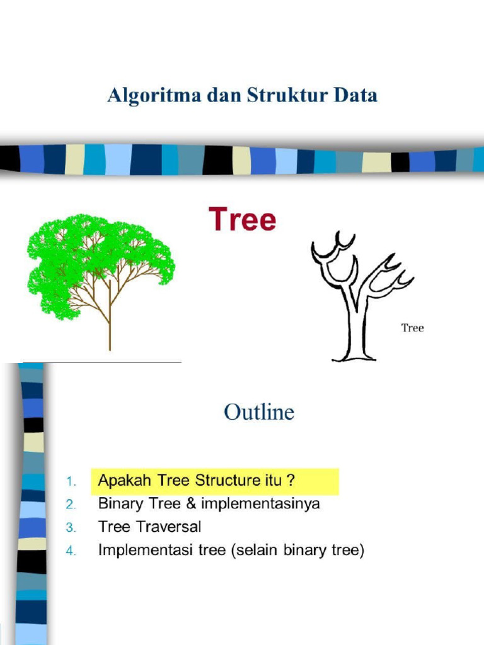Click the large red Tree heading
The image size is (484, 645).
pyautogui.click(x=243, y=220)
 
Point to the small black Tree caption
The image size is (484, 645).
pyautogui.click(x=413, y=328)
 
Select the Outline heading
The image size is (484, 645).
pyautogui.click(x=259, y=412)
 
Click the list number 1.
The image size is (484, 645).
pyautogui.click(x=71, y=482)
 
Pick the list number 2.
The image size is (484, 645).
pyautogui.click(x=71, y=505)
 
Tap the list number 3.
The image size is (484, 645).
pyautogui.click(x=71, y=527)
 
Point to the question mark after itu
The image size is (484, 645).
pyautogui.click(x=291, y=481)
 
